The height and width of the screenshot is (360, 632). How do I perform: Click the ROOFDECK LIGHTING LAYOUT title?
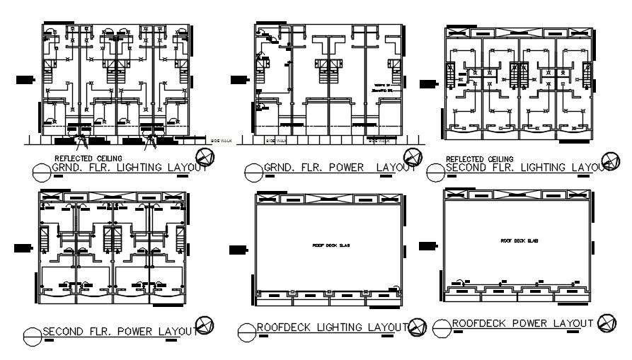tap(332, 327)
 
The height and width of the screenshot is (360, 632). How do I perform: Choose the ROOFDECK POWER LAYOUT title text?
tap(523, 323)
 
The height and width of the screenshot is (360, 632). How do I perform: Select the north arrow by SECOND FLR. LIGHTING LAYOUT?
tap(609, 161)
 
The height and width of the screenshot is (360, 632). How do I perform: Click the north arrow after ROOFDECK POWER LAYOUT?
tap(607, 323)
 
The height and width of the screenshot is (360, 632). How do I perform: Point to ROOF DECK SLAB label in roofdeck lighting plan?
tap(331, 245)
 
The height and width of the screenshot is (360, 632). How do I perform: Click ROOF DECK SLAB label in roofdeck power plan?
tap(516, 240)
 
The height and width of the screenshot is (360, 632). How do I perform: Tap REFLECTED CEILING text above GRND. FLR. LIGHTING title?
tap(88, 158)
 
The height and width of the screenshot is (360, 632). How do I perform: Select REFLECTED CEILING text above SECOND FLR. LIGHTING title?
tap(480, 159)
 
